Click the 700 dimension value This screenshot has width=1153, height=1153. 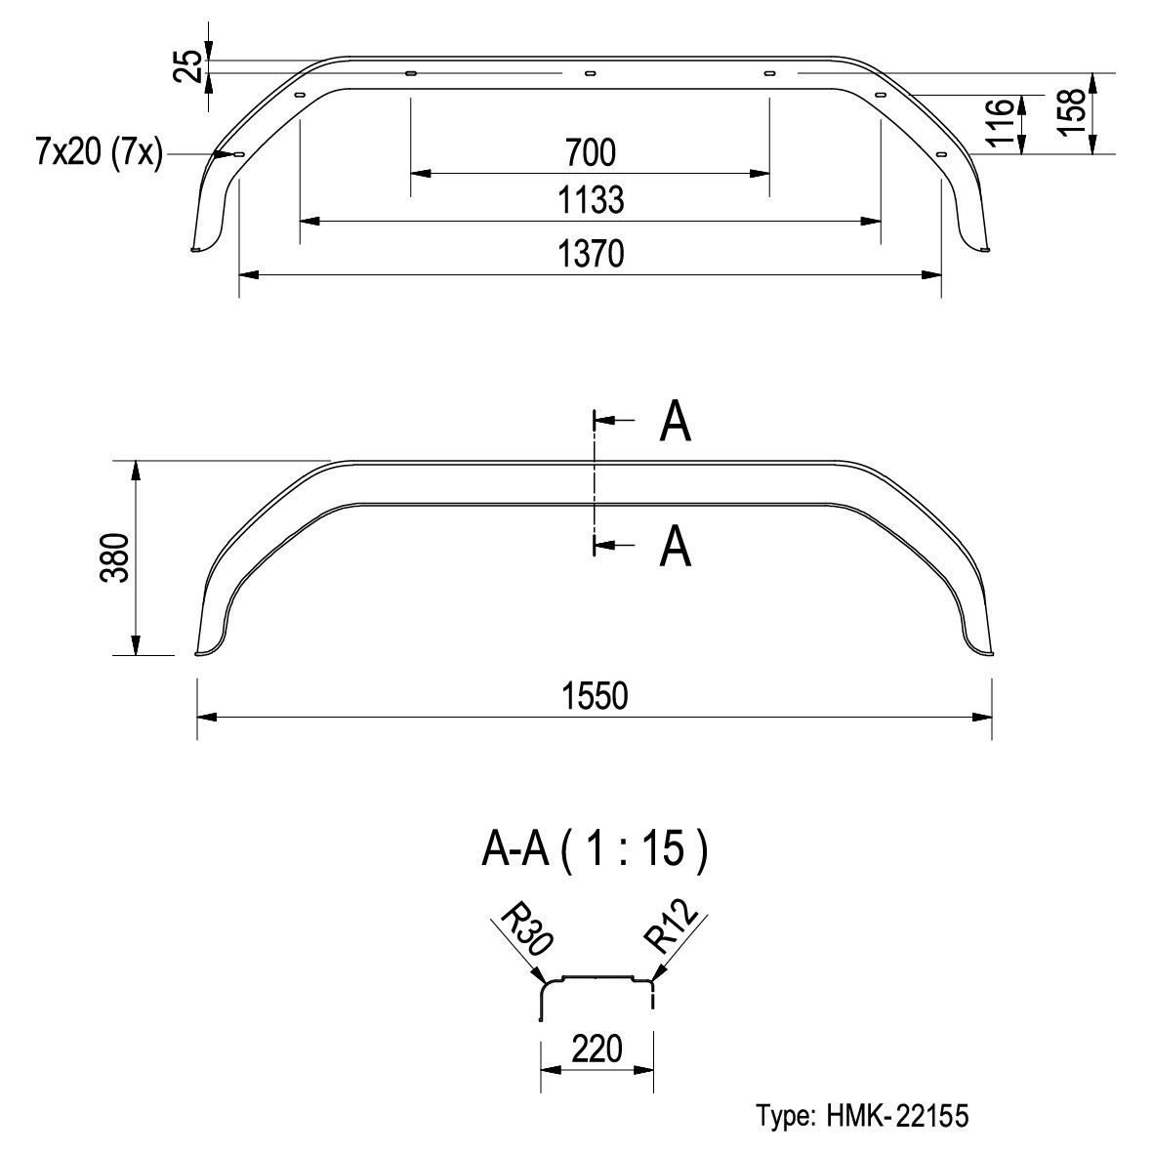click(591, 153)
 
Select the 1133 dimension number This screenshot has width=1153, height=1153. click(591, 200)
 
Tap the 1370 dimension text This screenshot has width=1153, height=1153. click(591, 254)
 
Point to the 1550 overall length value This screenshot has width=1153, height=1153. click(595, 696)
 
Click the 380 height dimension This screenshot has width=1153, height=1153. click(115, 557)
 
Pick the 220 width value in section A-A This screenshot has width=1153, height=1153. click(597, 1049)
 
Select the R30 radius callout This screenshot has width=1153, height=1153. click(525, 929)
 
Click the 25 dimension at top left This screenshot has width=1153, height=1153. click(189, 66)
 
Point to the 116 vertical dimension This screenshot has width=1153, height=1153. click(1000, 123)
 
